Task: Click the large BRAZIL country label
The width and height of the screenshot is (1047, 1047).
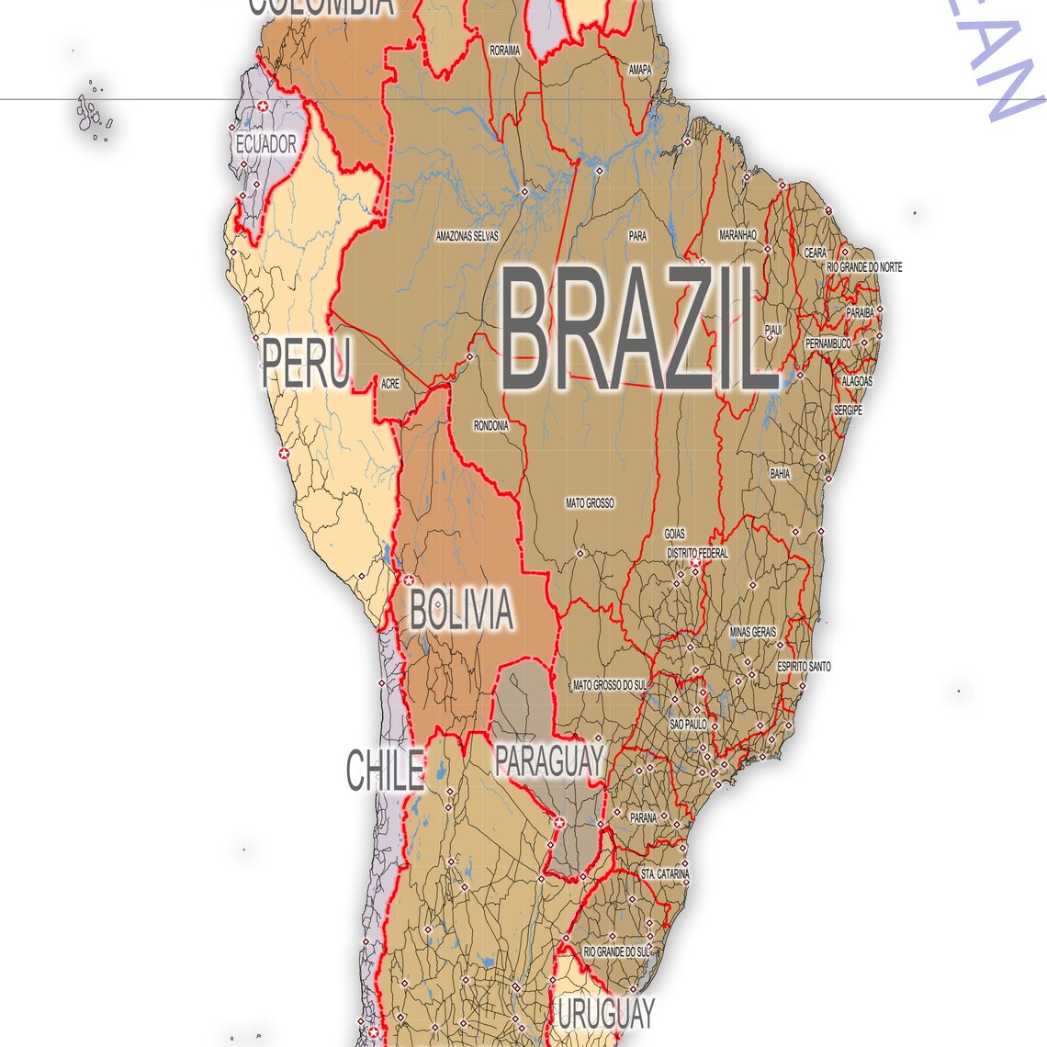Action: pos(636,329)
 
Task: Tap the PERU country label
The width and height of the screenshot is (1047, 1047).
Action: pos(306,363)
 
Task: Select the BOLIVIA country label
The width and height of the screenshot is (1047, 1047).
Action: pos(460,611)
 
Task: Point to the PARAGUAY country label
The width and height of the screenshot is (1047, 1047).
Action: pos(548,760)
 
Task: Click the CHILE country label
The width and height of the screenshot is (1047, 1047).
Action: pos(385,771)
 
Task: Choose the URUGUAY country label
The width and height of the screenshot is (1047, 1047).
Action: pos(606,1014)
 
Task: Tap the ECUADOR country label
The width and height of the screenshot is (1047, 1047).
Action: pos(266,144)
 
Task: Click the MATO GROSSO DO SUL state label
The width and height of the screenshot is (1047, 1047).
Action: pos(610,685)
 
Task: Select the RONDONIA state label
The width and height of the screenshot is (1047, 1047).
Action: pos(490,426)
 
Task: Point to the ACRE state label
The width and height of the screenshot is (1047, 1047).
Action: pos(389,385)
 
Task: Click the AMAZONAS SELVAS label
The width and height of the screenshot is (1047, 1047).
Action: pos(467,236)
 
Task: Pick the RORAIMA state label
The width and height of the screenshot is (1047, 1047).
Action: pos(504,51)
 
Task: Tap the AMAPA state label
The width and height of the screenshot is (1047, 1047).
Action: pos(640,70)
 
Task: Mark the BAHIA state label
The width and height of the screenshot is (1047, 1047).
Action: pos(780,474)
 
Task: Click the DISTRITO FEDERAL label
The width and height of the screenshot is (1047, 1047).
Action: pos(697,554)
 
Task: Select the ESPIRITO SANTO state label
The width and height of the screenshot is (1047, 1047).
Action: pos(804,666)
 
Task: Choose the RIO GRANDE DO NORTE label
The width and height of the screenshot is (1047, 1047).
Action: pos(864,267)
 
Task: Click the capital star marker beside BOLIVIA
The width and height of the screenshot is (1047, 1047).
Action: pos(409,580)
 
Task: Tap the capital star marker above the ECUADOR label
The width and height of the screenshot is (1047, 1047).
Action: pos(264,107)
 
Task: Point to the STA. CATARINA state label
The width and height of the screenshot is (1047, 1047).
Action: pos(665,874)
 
